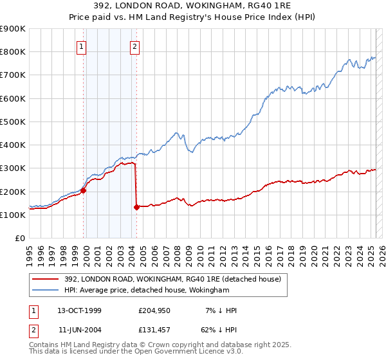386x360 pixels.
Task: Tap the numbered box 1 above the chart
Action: tap(82, 46)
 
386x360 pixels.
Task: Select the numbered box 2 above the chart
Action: tap(135, 46)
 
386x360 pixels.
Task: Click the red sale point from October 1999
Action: tap(83, 190)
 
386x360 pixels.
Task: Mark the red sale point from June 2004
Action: tap(136, 207)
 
